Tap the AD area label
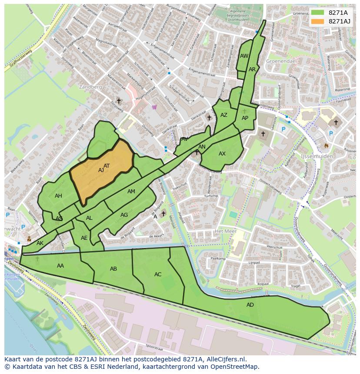(250, 305)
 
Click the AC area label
(158, 275)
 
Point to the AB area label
(113, 269)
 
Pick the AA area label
(60, 266)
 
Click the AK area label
(40, 243)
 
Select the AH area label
(58, 196)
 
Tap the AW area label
(244, 56)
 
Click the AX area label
(222, 154)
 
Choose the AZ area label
(224, 115)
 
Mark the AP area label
(245, 118)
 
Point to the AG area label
(124, 215)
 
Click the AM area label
(131, 192)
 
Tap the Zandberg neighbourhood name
(90, 87)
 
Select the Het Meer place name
(225, 232)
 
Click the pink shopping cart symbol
(154, 107)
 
